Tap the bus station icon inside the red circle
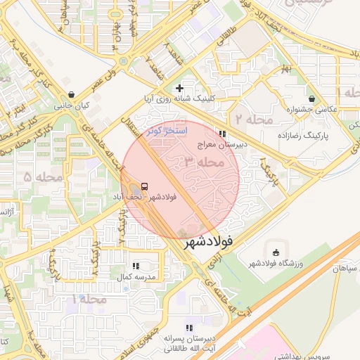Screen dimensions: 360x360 point(144,186)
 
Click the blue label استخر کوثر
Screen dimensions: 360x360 point(167,131)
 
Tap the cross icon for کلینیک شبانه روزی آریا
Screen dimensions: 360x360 point(180,88)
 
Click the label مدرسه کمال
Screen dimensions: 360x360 point(134,278)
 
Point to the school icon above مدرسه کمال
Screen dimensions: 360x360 point(136,266)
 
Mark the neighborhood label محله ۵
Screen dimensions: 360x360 point(37,176)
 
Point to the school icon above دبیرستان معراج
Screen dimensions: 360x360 point(223,134)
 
